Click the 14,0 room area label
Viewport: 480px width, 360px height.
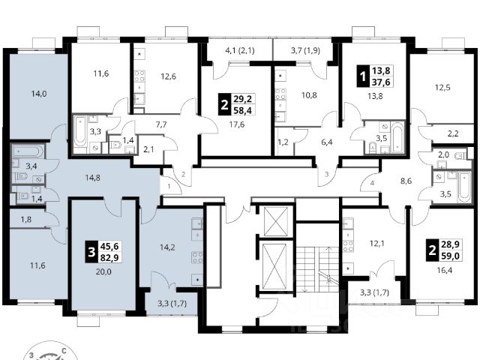(x=38, y=94)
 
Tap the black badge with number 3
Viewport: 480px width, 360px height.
(x=91, y=252)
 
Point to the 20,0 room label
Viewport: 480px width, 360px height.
(x=103, y=271)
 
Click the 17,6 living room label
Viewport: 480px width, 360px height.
(x=237, y=124)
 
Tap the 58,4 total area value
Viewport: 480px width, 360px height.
(x=242, y=110)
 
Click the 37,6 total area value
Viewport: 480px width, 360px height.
(x=381, y=82)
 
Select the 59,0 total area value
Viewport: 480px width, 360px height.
(x=450, y=256)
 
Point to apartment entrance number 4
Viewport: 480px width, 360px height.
(x=372, y=183)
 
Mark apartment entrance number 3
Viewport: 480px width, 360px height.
(x=326, y=175)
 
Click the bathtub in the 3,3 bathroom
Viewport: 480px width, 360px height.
(x=80, y=133)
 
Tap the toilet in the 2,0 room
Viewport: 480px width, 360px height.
(x=460, y=156)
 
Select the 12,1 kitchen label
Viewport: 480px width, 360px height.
(x=376, y=243)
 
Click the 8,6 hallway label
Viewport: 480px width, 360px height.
(x=406, y=181)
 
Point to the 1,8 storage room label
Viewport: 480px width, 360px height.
(x=26, y=219)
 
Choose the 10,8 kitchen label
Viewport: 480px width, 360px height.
(x=309, y=95)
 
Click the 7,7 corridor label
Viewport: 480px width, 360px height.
(x=161, y=124)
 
